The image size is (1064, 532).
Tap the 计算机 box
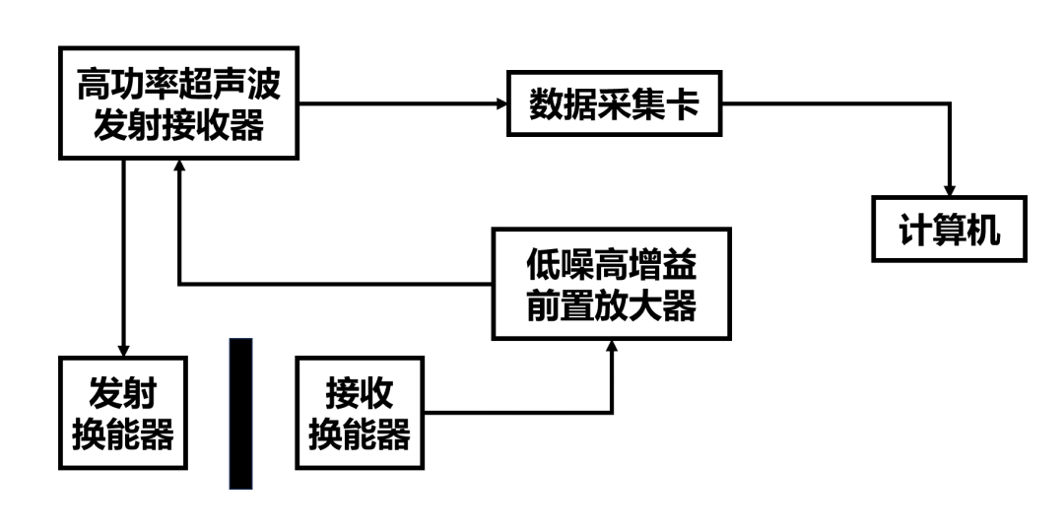point(949,230)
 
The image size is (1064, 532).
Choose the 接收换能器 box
point(360,413)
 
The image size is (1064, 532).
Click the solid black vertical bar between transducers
point(240,414)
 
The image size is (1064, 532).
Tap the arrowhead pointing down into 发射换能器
point(123,349)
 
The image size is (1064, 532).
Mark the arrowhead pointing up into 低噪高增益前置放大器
point(612,345)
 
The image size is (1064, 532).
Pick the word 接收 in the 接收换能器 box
point(360,393)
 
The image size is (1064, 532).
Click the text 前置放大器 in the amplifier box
point(612,306)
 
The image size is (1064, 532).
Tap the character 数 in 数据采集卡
point(548,102)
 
